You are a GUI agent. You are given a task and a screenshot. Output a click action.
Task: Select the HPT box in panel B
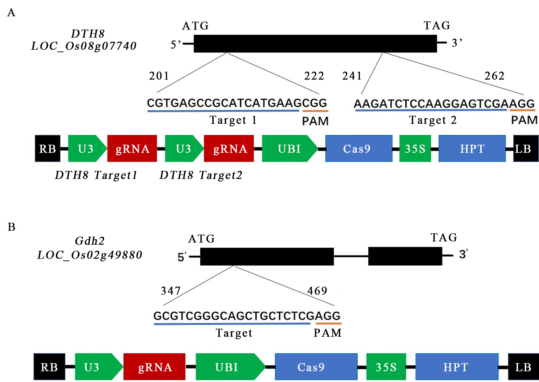pyautogui.click(x=457, y=367)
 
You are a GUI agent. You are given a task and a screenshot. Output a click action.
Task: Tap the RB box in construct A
pyautogui.click(x=47, y=149)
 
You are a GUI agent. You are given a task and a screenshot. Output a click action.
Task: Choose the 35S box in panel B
pyautogui.click(x=386, y=367)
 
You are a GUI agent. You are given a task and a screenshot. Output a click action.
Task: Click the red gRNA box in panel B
pyautogui.click(x=155, y=367)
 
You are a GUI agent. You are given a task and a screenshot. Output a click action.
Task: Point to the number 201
pyautogui.click(x=159, y=76)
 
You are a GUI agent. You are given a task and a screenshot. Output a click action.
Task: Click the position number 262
pyautogui.click(x=495, y=76)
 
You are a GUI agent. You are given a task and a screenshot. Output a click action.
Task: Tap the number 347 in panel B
pyautogui.click(x=171, y=291)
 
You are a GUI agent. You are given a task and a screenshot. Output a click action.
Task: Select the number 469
pyautogui.click(x=317, y=291)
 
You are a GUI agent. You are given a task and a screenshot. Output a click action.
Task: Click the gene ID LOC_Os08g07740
pyautogui.click(x=84, y=46)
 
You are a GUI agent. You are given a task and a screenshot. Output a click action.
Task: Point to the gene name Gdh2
pyautogui.click(x=90, y=241)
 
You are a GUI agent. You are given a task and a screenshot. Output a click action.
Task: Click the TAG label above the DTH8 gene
pyautogui.click(x=437, y=26)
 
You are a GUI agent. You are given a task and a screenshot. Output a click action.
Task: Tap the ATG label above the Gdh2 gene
pyautogui.click(x=202, y=239)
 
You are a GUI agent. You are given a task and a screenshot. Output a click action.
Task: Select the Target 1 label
pyautogui.click(x=233, y=120)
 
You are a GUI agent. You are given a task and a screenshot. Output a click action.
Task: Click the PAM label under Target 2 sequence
pyautogui.click(x=524, y=120)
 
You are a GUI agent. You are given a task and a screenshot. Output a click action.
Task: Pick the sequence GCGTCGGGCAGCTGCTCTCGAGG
pyautogui.click(x=247, y=316)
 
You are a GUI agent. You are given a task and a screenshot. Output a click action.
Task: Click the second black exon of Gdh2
pyautogui.click(x=405, y=256)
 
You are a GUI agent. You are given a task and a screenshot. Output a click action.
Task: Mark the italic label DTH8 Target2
pyautogui.click(x=201, y=175)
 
